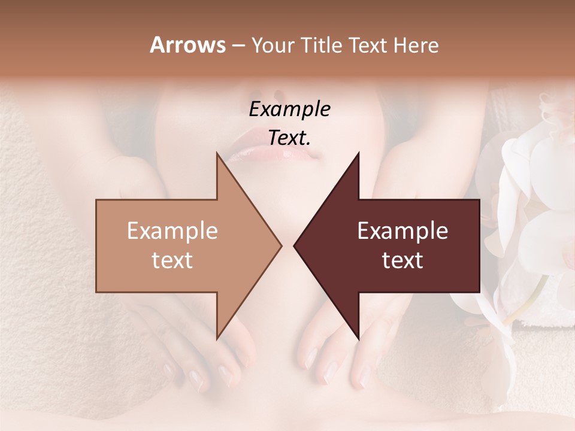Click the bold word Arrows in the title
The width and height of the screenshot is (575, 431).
(187, 45)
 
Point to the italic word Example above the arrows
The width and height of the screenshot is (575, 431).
(290, 109)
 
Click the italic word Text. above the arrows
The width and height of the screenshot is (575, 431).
(290, 138)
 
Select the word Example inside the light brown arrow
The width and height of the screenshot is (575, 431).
(172, 230)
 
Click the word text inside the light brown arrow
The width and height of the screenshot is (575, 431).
(172, 260)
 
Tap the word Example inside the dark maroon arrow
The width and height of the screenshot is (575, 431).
(402, 230)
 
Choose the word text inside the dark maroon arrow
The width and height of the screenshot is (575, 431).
(402, 260)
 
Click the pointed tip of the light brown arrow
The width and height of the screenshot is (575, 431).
(281, 245)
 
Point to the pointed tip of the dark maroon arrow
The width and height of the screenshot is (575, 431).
(294, 245)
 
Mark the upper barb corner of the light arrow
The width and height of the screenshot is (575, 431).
(217, 153)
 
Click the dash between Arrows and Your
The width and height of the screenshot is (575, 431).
(237, 45)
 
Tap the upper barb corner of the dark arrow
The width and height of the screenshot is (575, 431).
(358, 153)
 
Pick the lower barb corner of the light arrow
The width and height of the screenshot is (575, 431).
(217, 339)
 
